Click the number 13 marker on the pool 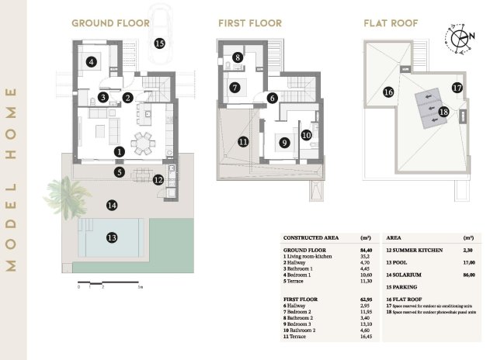click(x=112, y=237)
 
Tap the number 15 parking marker click(x=159, y=43)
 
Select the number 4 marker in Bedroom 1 click(x=92, y=62)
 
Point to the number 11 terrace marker click(x=242, y=142)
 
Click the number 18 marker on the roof click(x=443, y=112)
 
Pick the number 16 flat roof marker click(x=387, y=92)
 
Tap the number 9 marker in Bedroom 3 click(x=284, y=142)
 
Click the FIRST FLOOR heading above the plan click(x=249, y=23)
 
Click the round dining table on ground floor click(x=143, y=143)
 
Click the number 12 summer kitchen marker click(x=158, y=180)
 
